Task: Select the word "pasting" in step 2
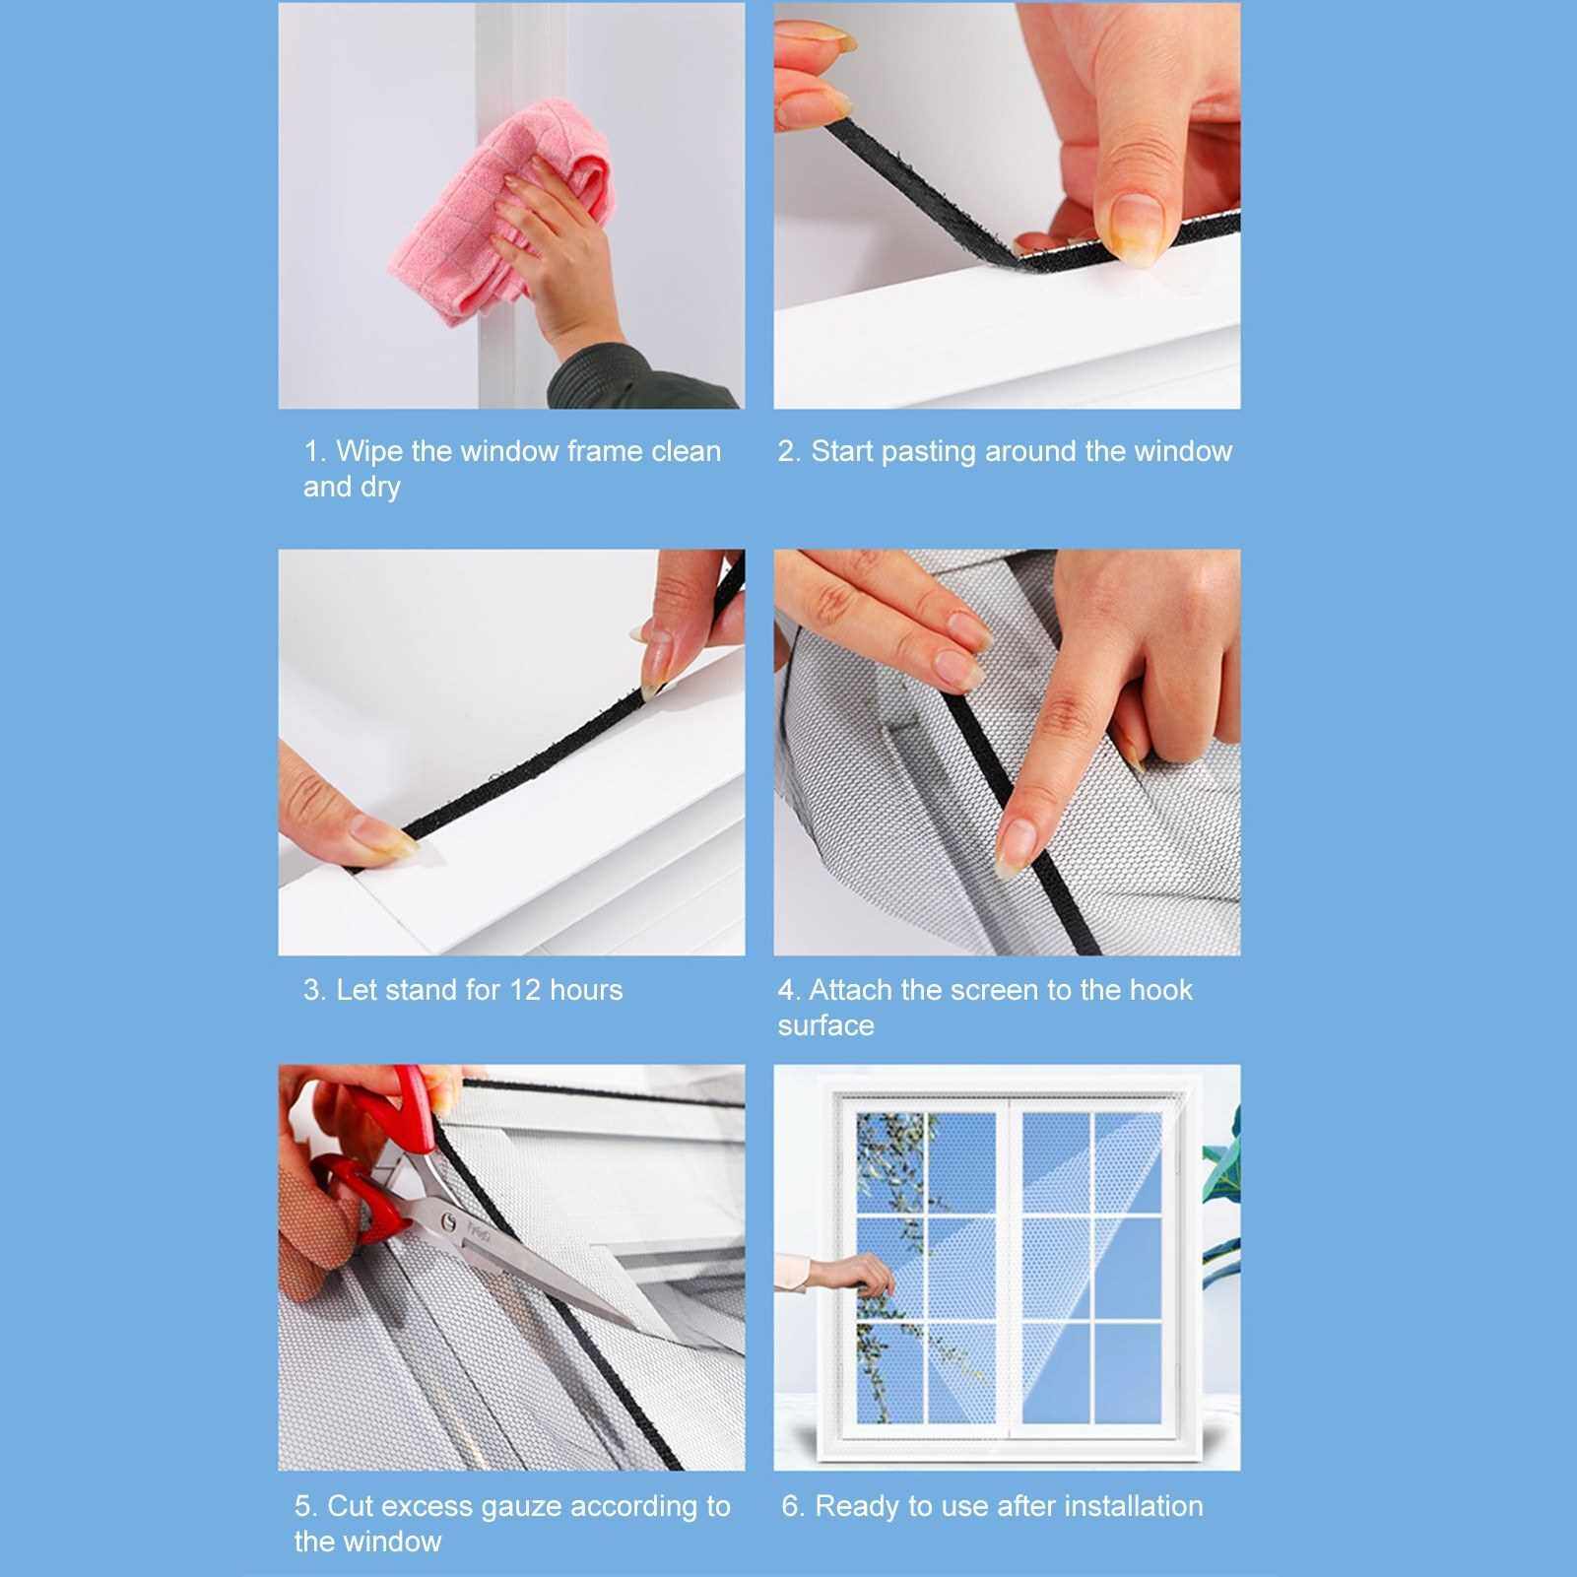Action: point(929,451)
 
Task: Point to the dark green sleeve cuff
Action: point(640,374)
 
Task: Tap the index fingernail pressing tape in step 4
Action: point(1015,846)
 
